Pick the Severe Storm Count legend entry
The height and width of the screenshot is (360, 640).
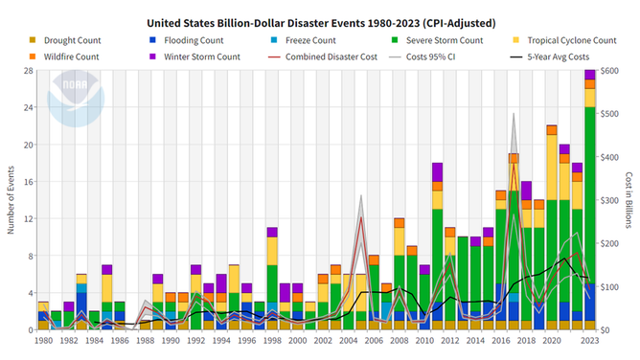coord(439,41)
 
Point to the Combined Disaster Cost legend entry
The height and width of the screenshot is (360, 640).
coord(329,56)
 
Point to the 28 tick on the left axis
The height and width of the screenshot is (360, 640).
coord(28,70)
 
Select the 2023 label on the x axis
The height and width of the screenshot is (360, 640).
coord(590,340)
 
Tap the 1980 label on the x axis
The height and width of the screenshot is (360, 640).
coord(43,340)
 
